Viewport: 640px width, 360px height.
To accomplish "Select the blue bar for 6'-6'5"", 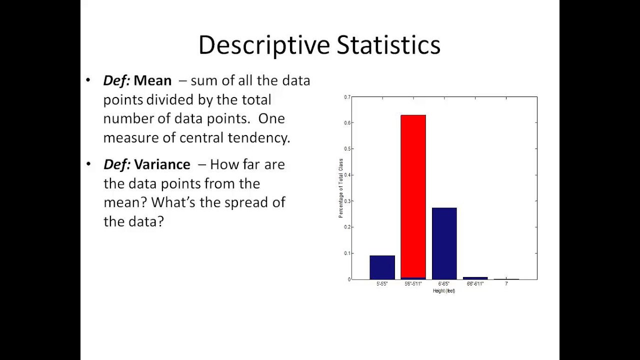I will (444, 243).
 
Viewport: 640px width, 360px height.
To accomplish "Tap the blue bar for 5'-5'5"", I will (382, 267).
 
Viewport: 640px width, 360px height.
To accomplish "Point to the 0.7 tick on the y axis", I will (347, 97).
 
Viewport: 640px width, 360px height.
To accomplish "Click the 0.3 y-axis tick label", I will (347, 201).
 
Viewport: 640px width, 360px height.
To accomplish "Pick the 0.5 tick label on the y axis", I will (347, 149).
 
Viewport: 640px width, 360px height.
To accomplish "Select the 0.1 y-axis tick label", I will (347, 253).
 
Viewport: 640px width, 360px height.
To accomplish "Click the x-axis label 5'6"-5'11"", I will (413, 284).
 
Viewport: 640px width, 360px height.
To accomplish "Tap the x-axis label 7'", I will (506, 284).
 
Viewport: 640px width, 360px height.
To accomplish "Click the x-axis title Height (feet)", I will (444, 291).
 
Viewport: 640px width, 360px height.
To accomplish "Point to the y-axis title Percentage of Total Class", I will (341, 188).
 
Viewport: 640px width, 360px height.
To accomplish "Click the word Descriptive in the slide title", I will (264, 45).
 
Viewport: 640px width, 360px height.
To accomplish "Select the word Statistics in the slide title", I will (388, 45).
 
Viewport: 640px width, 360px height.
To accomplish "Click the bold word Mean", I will (152, 80).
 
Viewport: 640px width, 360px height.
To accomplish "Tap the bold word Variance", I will (162, 164).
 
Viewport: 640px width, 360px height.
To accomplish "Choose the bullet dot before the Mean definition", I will (88, 80).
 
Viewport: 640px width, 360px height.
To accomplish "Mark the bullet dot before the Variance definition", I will (88, 164).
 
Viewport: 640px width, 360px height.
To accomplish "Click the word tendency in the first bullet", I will (259, 138).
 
